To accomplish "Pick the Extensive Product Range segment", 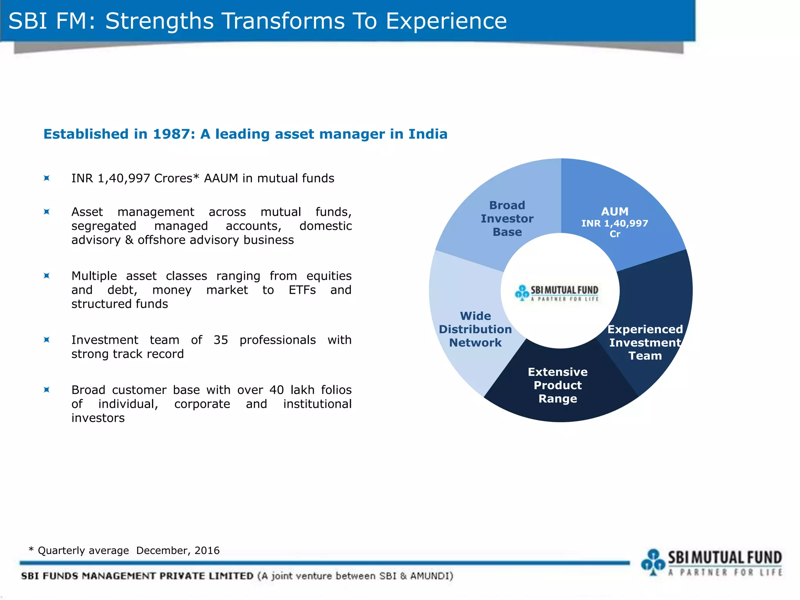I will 558,385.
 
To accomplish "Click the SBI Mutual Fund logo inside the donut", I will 557,293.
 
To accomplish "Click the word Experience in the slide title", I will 446,21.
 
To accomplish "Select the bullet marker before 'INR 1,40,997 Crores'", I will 46,179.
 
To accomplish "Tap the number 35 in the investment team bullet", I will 221,340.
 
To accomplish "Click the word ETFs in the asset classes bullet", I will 302,290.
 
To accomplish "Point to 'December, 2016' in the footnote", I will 178,550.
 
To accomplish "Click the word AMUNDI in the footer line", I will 430,576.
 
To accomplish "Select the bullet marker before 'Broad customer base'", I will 46,390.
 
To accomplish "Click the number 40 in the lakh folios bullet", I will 276,390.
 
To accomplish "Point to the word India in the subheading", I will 428,134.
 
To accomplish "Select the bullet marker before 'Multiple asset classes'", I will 46,276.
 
